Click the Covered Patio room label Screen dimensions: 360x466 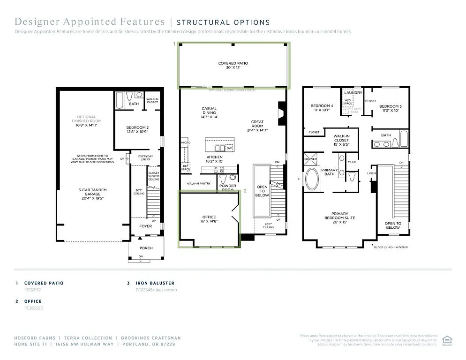click(233, 65)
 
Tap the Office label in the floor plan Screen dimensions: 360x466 click(209, 219)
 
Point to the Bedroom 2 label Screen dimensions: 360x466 click(137, 130)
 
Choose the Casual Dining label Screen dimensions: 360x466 click(209, 113)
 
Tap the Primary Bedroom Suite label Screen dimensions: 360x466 click(340, 215)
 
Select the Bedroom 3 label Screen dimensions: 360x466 click(390, 108)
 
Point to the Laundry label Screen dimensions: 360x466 click(353, 93)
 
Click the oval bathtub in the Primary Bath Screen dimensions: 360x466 click(312, 178)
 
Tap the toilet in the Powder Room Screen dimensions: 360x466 click(223, 178)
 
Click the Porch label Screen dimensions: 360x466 click(146, 248)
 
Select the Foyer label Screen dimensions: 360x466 click(145, 226)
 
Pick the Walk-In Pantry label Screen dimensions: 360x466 click(198, 184)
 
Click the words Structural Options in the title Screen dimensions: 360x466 click(223, 22)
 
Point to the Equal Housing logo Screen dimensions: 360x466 click(447, 340)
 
